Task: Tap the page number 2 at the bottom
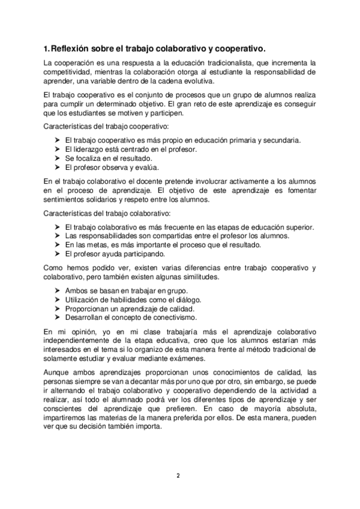(178, 475)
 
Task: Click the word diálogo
(186, 299)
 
